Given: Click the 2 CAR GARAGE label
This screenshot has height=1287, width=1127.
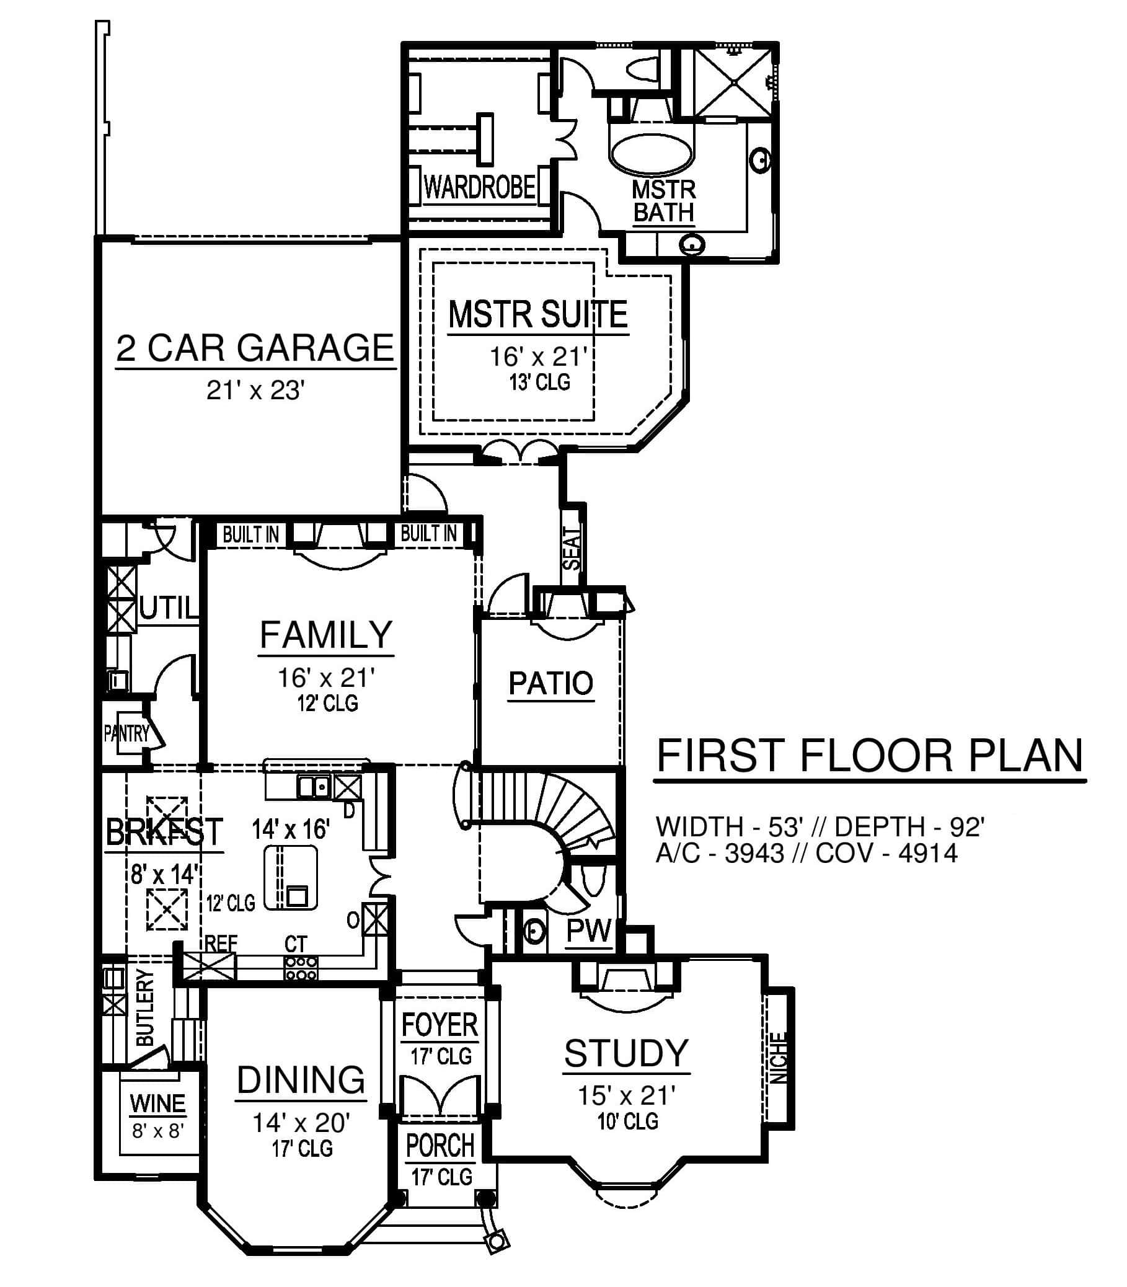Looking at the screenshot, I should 255,348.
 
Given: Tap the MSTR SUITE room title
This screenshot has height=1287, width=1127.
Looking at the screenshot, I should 538,314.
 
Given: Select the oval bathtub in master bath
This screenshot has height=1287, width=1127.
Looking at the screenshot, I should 652,153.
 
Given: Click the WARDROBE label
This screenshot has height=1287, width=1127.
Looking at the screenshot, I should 480,187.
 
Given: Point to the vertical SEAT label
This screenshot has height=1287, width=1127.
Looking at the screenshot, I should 572,549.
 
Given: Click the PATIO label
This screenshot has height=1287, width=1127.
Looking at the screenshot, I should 551,684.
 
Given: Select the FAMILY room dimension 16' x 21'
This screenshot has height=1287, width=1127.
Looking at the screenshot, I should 327,678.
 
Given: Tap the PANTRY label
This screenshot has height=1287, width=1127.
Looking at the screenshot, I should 126,733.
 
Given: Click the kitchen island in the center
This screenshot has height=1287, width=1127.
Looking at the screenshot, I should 291,877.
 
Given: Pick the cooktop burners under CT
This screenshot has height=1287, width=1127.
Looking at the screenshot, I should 301,968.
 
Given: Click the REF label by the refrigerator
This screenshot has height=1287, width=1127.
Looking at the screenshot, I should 221,944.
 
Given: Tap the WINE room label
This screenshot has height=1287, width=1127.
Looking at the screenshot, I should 157,1103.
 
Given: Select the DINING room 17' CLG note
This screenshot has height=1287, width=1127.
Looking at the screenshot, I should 302,1149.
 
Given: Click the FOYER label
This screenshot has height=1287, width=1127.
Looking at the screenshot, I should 440,1026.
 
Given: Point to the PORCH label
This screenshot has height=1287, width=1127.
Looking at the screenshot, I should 440,1146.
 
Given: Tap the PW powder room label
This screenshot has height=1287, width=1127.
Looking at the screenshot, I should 589,931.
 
